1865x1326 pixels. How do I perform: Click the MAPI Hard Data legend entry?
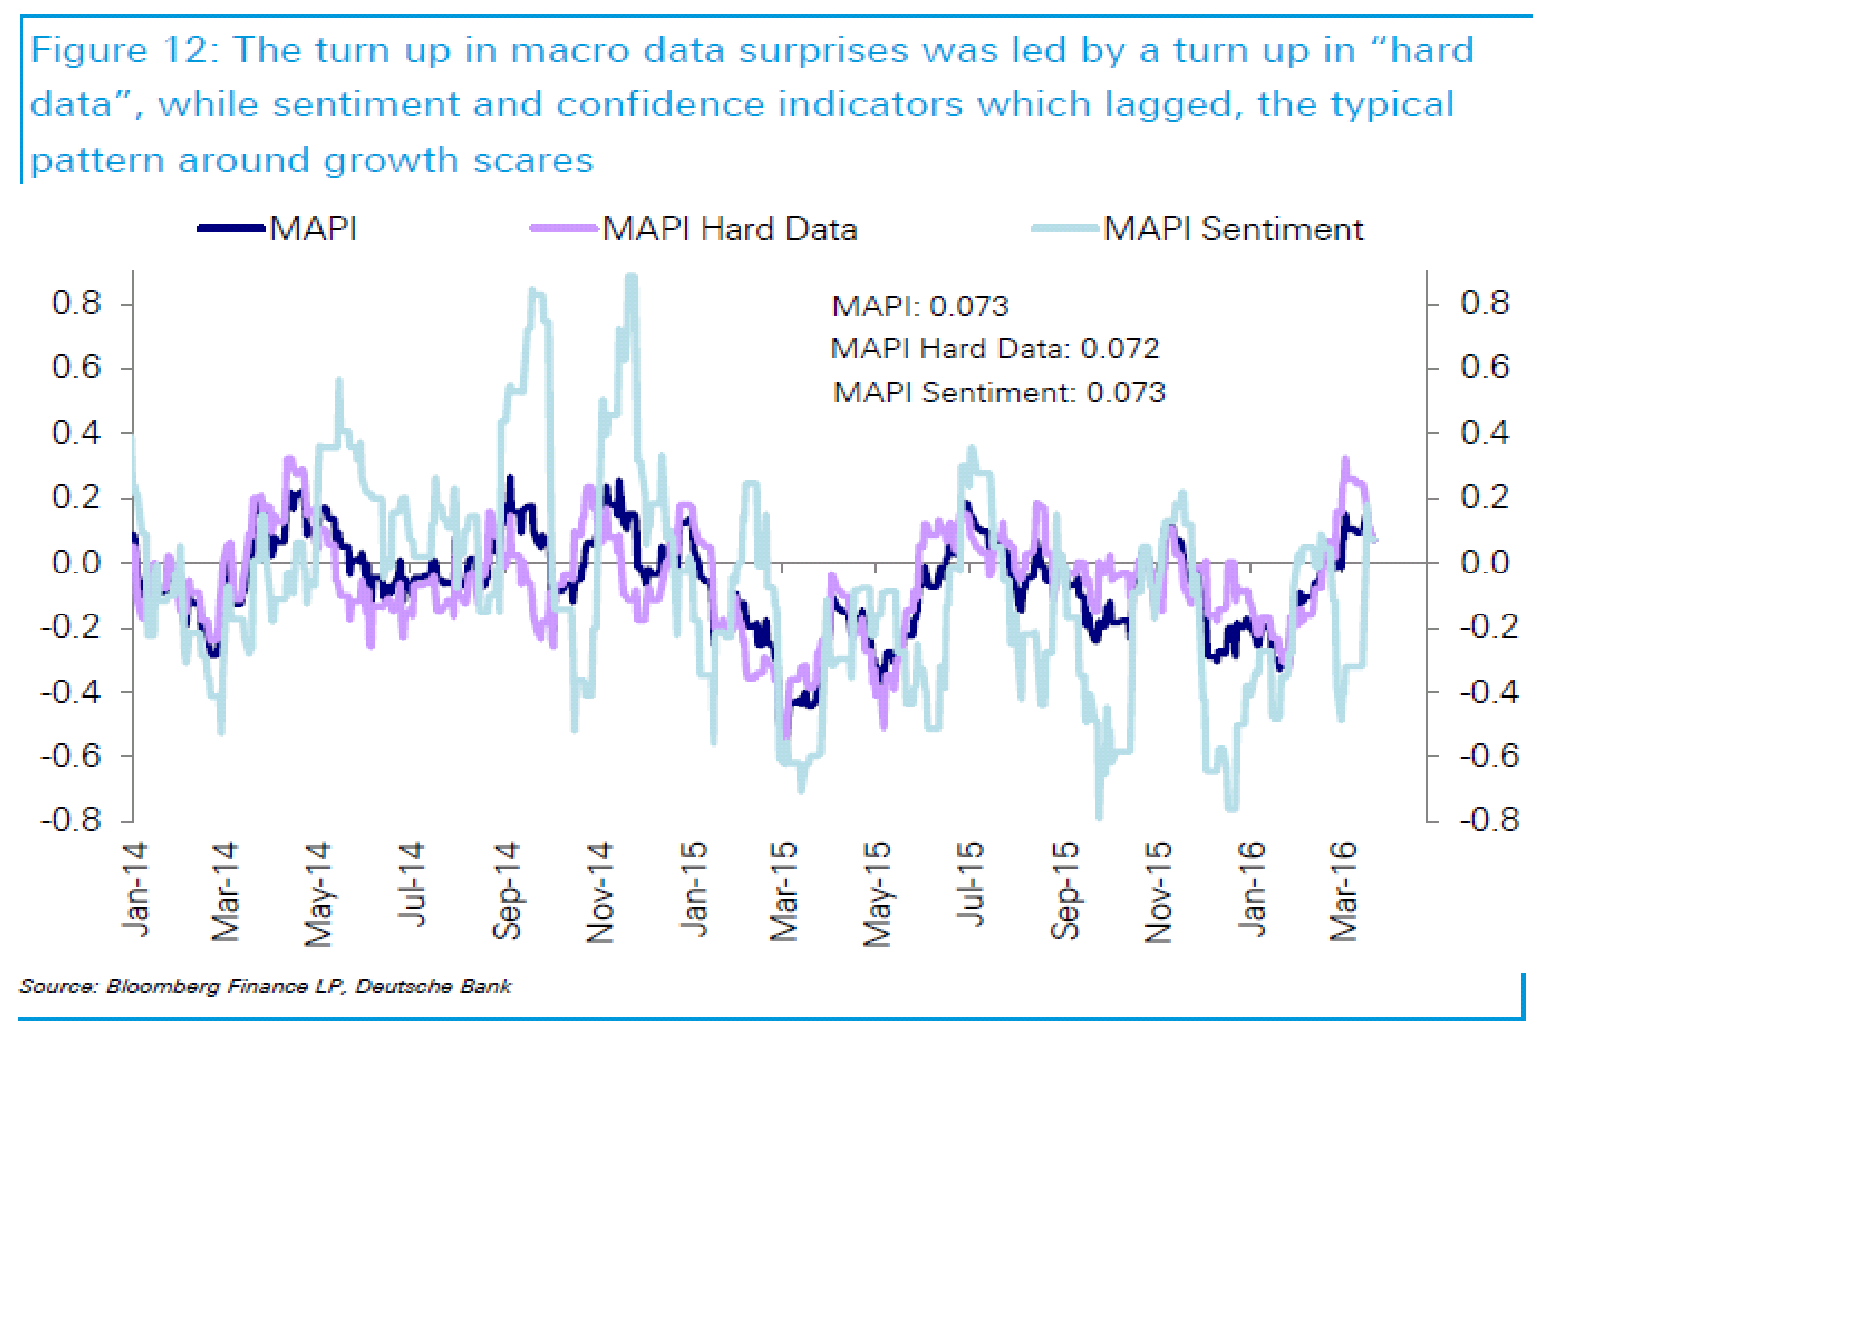729,230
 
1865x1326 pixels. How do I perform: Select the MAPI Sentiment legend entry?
1232,230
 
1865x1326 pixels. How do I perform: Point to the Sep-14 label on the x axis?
507,892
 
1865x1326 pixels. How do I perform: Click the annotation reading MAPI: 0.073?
920,306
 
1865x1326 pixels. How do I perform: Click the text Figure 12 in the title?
121,51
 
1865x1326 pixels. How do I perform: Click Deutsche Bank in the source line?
433,987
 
